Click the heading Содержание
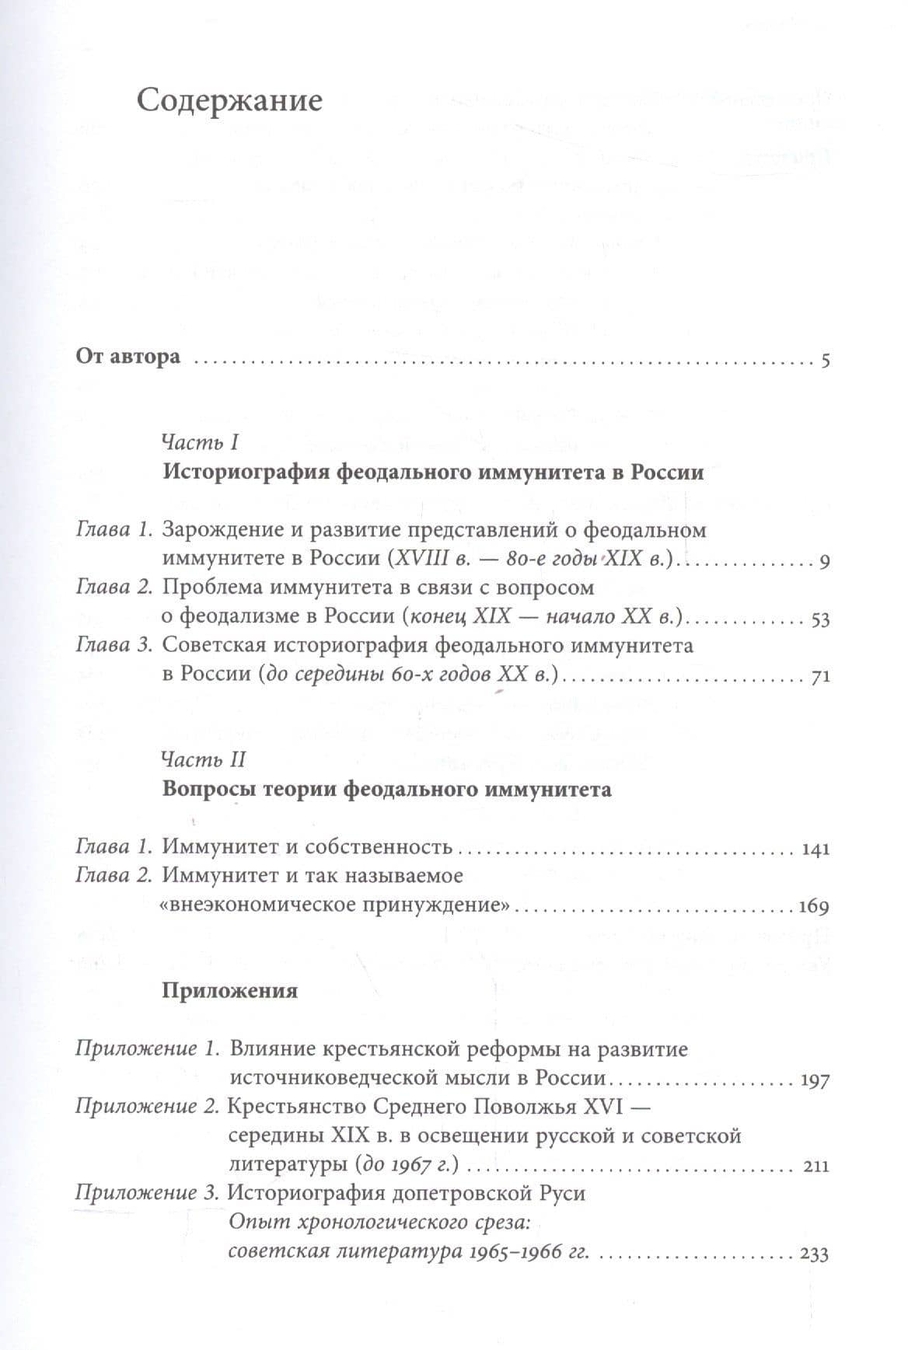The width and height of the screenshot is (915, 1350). [x=229, y=102]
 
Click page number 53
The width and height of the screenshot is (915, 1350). [x=820, y=619]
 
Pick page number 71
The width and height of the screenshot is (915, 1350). [x=821, y=677]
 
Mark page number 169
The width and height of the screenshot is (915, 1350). [x=814, y=906]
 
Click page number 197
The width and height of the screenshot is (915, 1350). [x=815, y=1080]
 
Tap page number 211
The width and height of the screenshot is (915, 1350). [x=815, y=1167]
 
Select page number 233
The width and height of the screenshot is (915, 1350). [x=814, y=1254]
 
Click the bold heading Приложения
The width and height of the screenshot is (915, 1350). [x=230, y=991]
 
